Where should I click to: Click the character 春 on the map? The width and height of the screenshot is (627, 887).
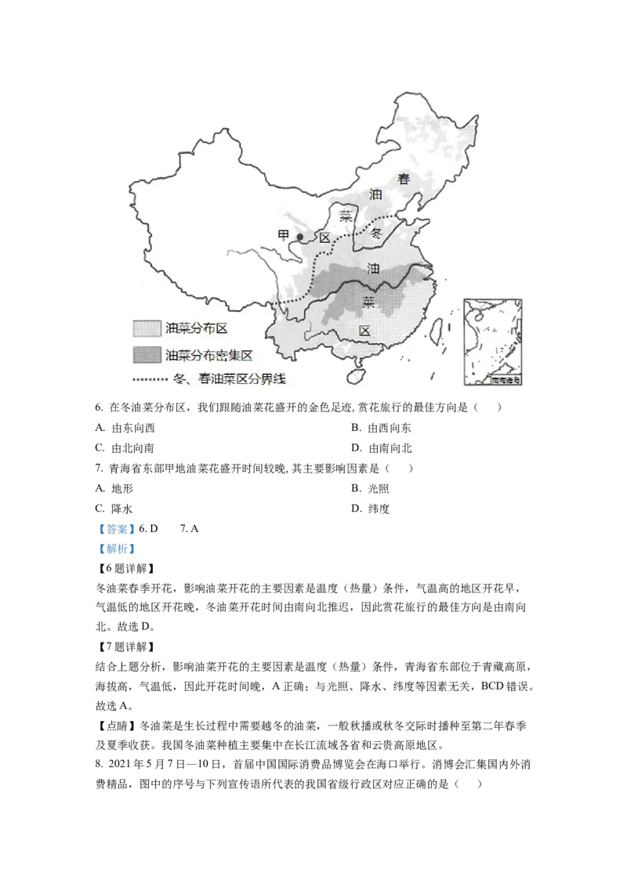(x=404, y=179)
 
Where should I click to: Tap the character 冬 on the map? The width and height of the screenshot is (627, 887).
(x=375, y=233)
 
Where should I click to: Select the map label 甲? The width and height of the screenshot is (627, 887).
(x=284, y=235)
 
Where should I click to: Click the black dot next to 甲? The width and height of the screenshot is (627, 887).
(x=299, y=237)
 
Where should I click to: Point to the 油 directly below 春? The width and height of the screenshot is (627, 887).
(x=375, y=194)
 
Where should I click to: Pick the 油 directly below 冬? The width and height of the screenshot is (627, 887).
(x=374, y=269)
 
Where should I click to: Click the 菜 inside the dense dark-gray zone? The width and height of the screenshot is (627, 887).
(x=368, y=300)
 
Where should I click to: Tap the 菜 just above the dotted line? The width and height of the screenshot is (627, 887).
(x=345, y=215)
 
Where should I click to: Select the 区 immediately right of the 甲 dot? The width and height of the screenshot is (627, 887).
(x=324, y=237)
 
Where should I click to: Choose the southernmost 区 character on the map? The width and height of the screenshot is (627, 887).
(x=364, y=331)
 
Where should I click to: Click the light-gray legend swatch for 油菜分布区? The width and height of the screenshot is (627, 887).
(x=147, y=328)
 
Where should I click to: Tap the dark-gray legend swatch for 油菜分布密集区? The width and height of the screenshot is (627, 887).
(x=147, y=354)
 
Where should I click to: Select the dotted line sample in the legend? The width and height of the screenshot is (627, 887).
(x=150, y=380)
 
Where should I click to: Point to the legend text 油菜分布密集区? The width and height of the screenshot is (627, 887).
(x=208, y=354)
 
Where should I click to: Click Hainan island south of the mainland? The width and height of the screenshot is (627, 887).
(x=355, y=377)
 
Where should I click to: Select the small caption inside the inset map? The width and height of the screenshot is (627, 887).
(x=506, y=380)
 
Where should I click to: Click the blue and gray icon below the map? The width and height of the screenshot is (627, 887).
(x=116, y=538)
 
